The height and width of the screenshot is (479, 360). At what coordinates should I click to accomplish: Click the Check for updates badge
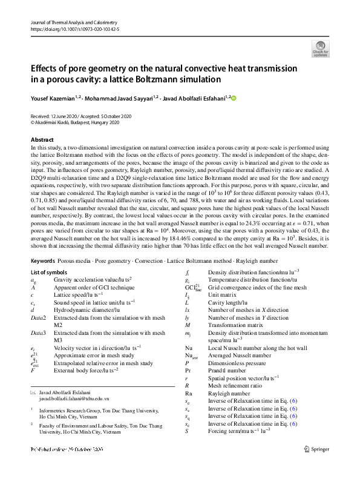coord(320,48)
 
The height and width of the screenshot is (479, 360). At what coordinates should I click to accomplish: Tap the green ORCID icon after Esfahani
coord(234,97)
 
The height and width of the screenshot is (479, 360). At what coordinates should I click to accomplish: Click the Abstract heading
coord(42,140)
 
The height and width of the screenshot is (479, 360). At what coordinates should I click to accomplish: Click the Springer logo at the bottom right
coord(318,449)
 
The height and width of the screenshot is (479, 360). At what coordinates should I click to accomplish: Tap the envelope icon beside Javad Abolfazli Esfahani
coord(33,393)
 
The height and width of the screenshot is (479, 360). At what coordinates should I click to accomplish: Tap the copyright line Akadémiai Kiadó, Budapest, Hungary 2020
coord(82,122)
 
